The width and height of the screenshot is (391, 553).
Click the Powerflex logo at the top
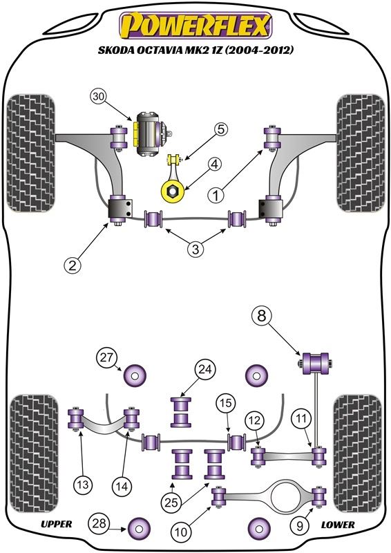(195, 26)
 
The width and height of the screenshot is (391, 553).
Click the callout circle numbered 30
(99, 97)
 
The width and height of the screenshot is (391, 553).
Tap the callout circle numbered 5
(220, 130)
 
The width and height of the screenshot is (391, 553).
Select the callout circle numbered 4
(215, 165)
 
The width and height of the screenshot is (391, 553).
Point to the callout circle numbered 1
(216, 195)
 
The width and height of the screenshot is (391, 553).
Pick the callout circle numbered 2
(73, 265)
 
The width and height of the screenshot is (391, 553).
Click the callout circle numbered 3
(195, 250)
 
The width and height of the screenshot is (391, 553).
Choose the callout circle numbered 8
(262, 316)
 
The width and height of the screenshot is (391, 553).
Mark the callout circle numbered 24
(205, 369)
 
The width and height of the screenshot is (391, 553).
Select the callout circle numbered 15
(226, 403)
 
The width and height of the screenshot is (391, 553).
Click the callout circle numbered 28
(99, 523)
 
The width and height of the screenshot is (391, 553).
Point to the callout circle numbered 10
(181, 532)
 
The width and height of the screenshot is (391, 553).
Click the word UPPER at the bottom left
(56, 524)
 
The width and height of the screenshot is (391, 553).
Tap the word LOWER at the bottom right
(337, 525)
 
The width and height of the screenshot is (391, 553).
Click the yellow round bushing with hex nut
(173, 191)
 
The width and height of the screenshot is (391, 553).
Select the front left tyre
(30, 153)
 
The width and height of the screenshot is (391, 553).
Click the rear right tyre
(358, 454)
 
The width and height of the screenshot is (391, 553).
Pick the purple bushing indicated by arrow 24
(181, 412)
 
